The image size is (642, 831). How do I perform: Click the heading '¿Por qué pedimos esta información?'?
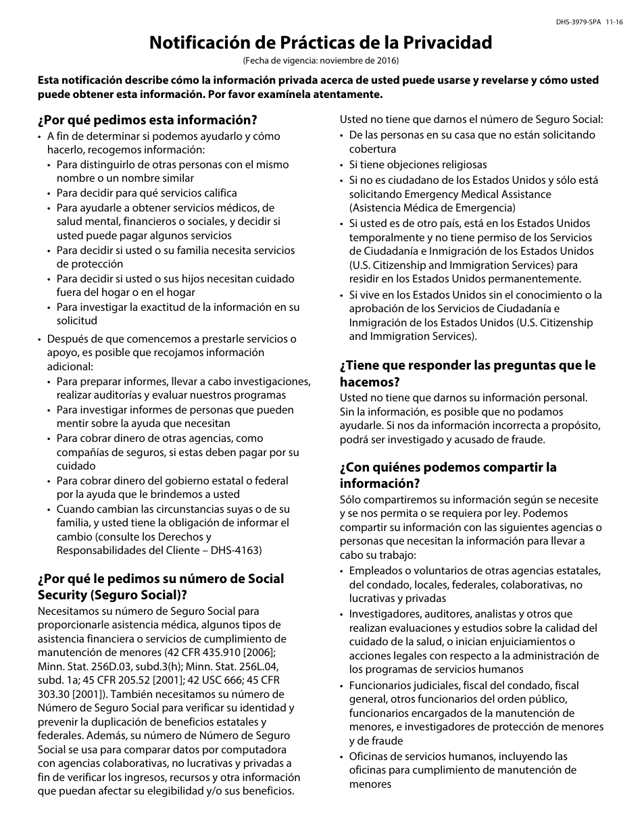click(147, 120)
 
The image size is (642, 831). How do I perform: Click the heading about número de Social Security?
click(161, 586)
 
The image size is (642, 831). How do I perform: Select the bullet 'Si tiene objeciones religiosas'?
click(418, 164)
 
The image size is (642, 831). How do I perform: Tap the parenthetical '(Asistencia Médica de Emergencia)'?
click(432, 207)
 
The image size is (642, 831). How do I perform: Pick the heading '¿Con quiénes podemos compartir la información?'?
click(448, 475)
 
